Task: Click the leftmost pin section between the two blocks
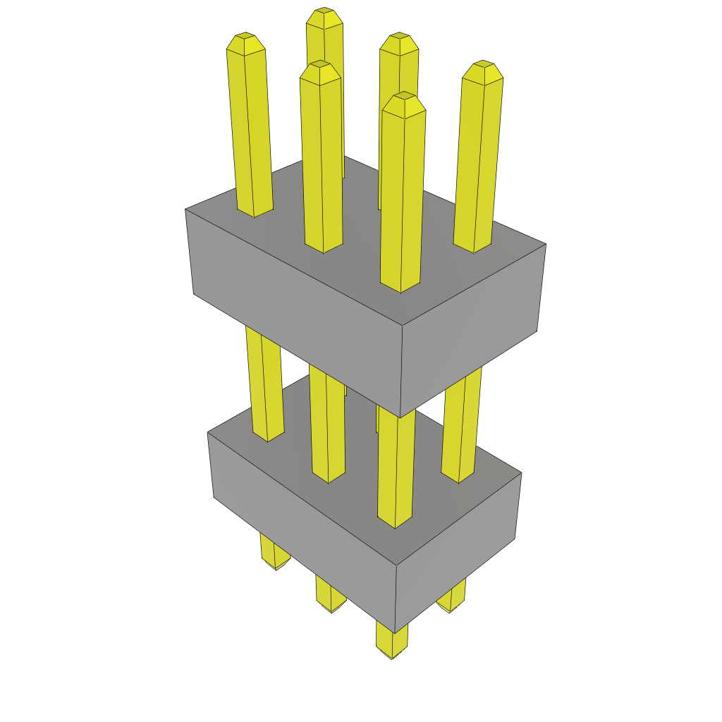[x=264, y=381]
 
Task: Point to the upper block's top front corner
[x=403, y=326]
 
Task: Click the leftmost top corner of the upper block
[x=185, y=209]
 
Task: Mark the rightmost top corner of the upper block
[x=546, y=244]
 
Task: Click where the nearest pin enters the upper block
[x=400, y=288]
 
